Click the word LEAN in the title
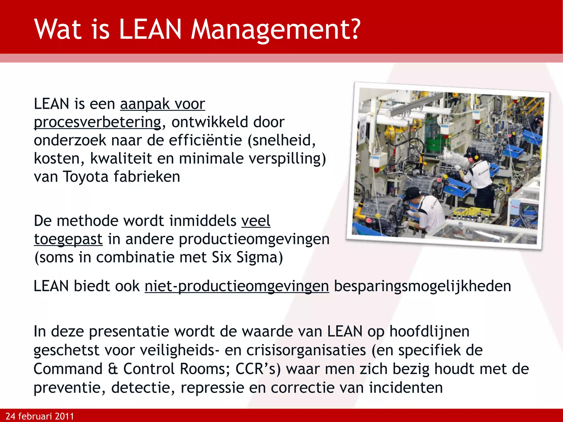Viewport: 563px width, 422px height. click(151, 29)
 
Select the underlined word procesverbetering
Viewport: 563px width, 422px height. click(98, 122)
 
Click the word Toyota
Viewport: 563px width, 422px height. click(86, 176)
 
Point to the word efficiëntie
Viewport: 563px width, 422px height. click(205, 140)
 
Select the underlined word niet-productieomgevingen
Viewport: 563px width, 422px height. click(237, 286)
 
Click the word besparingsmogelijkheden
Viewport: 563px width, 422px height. click(422, 286)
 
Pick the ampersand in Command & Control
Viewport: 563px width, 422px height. click(113, 369)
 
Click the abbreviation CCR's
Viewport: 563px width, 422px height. click(258, 369)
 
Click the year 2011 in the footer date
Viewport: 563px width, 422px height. click(64, 416)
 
